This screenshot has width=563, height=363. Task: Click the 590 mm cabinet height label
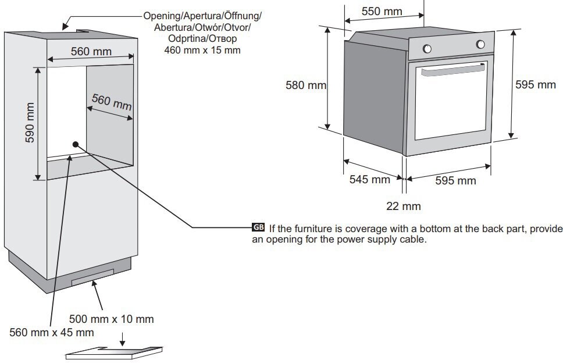point(30,122)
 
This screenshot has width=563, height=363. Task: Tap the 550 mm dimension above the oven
point(382,11)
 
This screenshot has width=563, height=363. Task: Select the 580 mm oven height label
point(306,85)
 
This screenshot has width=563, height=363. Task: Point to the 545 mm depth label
point(370,179)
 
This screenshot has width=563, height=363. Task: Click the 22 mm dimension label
point(403,206)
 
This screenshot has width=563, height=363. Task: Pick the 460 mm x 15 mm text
point(202,50)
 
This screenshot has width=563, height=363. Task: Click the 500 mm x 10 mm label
point(111,319)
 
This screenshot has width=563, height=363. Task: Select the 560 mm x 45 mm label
point(52,332)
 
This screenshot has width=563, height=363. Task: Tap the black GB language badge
point(258,227)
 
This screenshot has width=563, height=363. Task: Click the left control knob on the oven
point(427,48)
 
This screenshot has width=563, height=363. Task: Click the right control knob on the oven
point(480,44)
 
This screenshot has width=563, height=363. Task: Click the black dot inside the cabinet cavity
point(76,144)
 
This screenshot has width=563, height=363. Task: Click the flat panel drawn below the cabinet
point(114,353)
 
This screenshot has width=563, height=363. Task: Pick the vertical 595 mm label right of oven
point(535,85)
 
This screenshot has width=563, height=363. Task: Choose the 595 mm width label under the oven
point(455,180)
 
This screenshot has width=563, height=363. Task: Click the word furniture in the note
point(313,229)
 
